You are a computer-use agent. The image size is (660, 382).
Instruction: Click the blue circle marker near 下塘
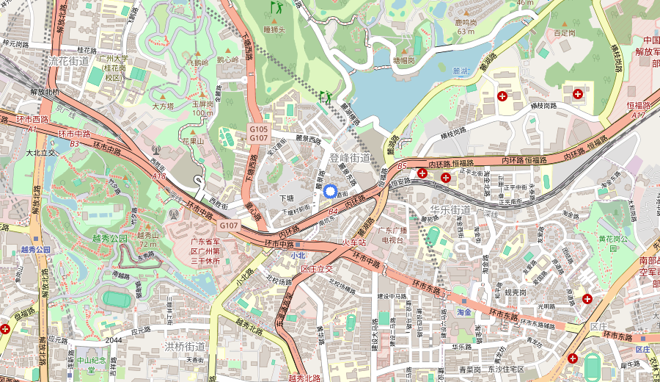(x=330, y=191)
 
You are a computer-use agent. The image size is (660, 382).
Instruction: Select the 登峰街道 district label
(x=350, y=158)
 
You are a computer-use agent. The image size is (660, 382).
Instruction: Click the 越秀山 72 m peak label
(x=148, y=239)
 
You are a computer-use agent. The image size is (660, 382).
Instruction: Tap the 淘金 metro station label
(x=463, y=311)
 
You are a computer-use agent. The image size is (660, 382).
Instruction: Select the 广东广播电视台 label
(x=397, y=235)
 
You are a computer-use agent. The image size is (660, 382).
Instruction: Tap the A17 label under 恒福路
(x=637, y=115)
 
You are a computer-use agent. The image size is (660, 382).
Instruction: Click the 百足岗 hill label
(x=565, y=33)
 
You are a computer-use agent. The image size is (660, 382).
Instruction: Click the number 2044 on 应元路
(x=114, y=340)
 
